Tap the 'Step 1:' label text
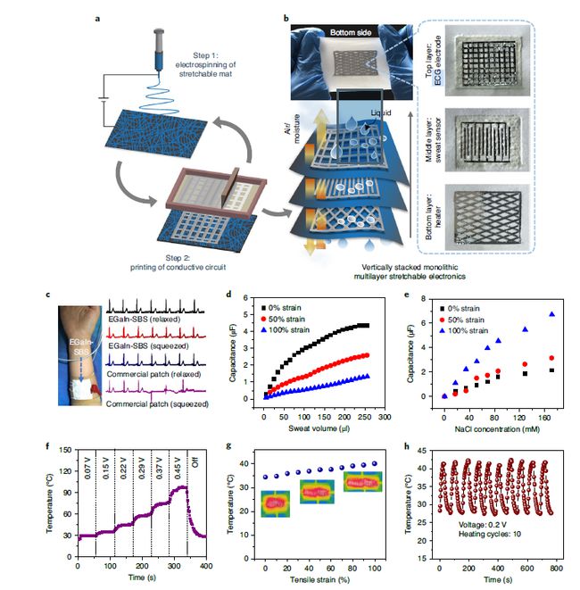[210, 54]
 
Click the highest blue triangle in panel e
[551, 314]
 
